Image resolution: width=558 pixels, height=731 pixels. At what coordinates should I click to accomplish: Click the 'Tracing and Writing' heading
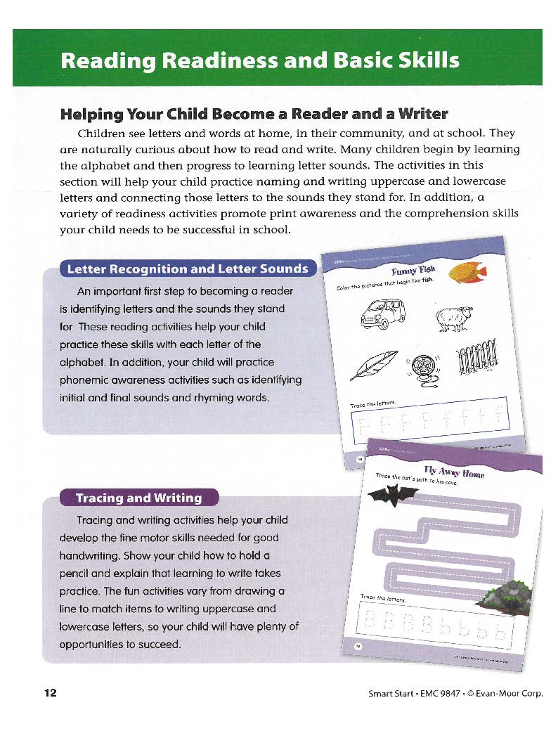click(138, 498)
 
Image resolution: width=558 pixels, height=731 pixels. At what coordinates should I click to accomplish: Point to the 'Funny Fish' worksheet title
click(414, 272)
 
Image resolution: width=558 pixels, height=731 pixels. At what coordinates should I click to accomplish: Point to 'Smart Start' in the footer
click(391, 694)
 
